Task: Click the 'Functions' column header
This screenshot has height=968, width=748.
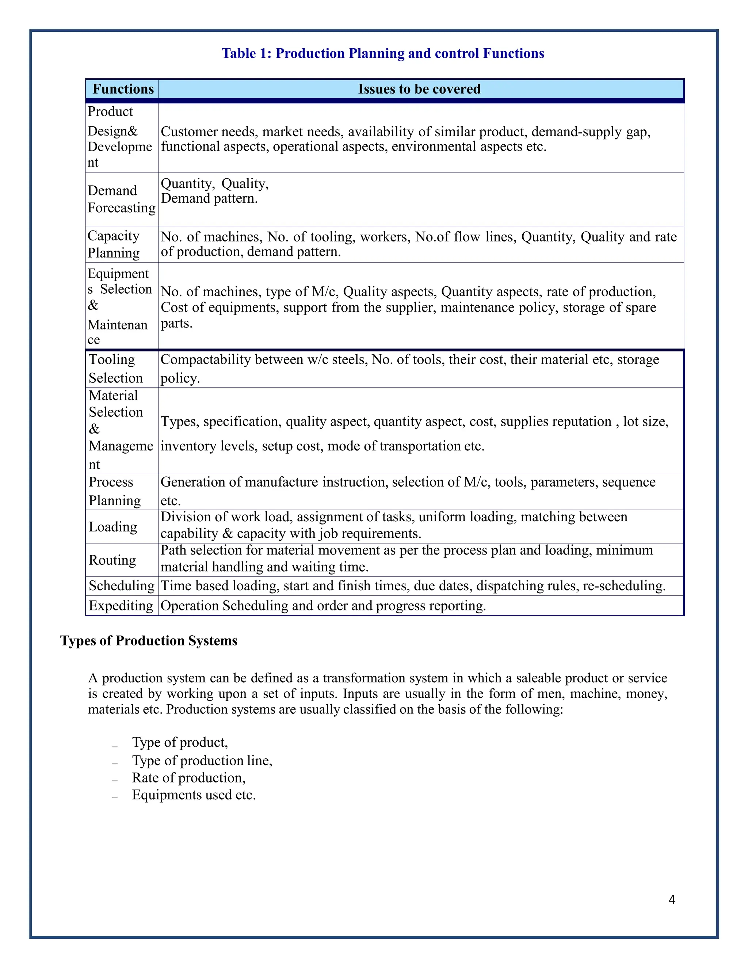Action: [x=123, y=89]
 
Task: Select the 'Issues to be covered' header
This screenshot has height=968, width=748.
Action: [x=419, y=89]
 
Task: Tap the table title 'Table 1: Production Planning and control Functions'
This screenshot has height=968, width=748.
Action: [x=382, y=53]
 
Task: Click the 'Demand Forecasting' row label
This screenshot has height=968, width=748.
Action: [x=121, y=199]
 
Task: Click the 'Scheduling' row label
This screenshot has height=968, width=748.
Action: [x=121, y=586]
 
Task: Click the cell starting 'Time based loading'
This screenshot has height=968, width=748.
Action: [x=413, y=586]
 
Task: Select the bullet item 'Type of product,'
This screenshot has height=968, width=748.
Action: [x=179, y=742]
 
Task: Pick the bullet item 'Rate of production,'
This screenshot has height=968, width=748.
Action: [x=188, y=777]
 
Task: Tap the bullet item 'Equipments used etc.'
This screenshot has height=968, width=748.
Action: [x=194, y=795]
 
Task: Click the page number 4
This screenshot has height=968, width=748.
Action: [x=671, y=899]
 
